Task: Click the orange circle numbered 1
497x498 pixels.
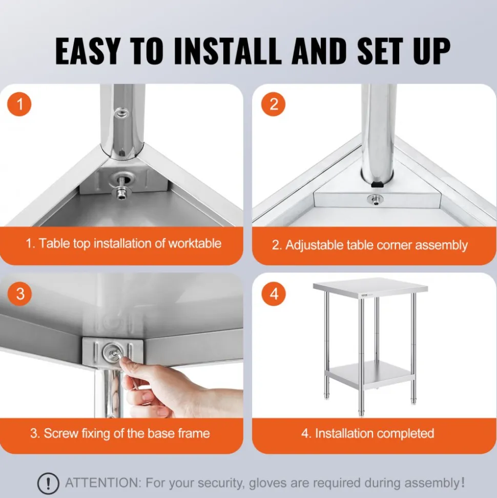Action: click(19, 104)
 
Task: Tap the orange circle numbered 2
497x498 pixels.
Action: click(273, 104)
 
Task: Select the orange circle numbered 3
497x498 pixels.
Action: click(20, 294)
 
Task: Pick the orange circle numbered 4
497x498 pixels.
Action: click(274, 294)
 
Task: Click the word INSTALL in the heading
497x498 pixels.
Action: click(228, 51)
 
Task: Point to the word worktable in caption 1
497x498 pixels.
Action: click(195, 243)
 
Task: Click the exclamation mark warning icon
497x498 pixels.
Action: click(48, 484)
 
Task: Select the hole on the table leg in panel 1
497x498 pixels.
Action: click(121, 113)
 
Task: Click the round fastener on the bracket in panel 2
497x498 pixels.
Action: click(375, 200)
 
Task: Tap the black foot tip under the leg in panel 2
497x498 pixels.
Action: click(378, 184)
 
